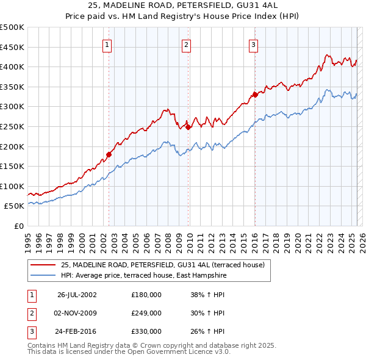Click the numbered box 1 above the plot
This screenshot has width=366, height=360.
[x=107, y=44]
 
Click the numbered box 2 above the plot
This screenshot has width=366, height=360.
[x=185, y=44]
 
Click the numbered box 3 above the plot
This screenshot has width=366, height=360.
[x=253, y=44]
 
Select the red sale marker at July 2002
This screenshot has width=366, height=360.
[x=109, y=154]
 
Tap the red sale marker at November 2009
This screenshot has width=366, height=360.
[x=188, y=127]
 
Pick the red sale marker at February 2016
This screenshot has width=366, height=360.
[x=256, y=95]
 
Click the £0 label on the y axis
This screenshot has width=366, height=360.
[x=18, y=226]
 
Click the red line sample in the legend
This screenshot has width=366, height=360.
[x=43, y=265]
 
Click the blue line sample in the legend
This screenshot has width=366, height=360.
[x=43, y=276]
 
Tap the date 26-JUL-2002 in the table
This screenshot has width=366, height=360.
[x=77, y=294]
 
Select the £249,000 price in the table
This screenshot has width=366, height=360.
[x=146, y=313]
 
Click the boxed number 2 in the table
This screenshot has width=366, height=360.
[x=31, y=313]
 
